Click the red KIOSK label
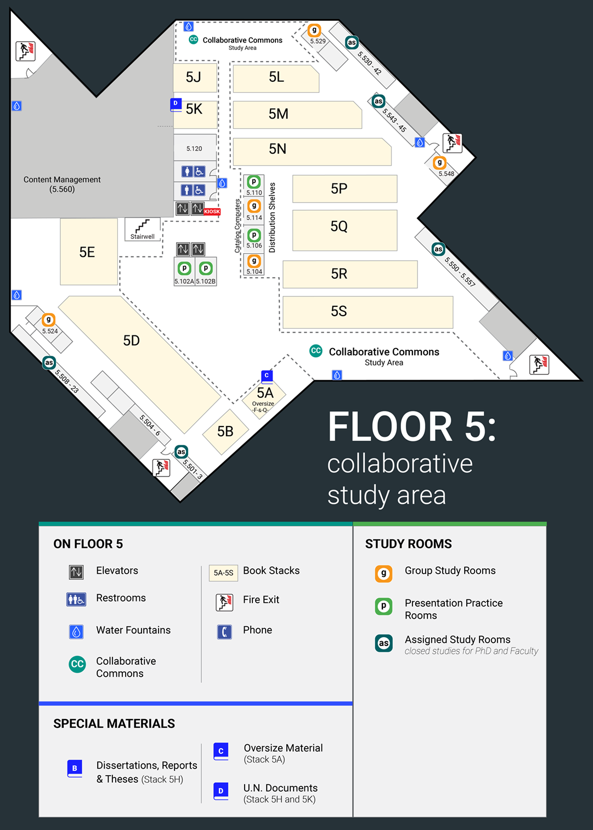click(212, 211)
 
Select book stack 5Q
click(344, 230)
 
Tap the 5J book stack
click(195, 77)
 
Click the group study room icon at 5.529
click(314, 30)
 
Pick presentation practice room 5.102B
click(206, 268)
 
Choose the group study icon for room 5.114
click(254, 206)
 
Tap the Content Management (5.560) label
click(62, 184)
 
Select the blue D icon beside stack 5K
click(176, 104)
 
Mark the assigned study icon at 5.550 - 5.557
click(438, 249)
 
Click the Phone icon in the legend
click(224, 632)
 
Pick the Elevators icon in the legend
click(76, 572)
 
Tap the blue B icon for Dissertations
click(75, 768)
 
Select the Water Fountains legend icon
click(76, 632)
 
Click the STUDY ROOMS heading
click(408, 543)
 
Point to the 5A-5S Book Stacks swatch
click(223, 573)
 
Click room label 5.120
click(194, 149)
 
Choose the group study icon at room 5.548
click(439, 162)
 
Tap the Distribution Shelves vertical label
click(272, 217)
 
